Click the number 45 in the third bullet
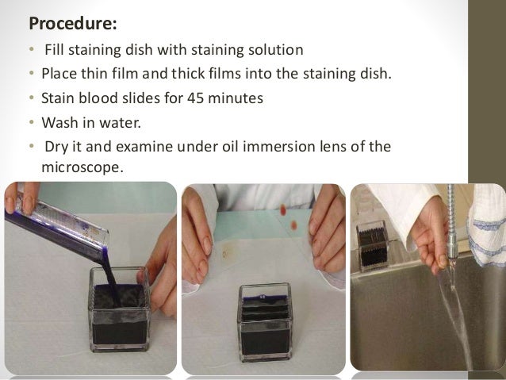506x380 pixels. point(196,98)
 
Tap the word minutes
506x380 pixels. point(236,98)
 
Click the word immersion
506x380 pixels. point(269,146)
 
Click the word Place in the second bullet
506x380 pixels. point(59,74)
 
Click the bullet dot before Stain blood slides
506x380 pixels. point(31,98)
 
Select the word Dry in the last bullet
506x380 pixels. point(56,147)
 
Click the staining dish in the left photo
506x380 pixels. point(120,309)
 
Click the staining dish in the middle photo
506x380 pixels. point(265,322)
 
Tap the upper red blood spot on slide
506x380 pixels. point(283,210)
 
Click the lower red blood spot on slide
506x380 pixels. point(293,225)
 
